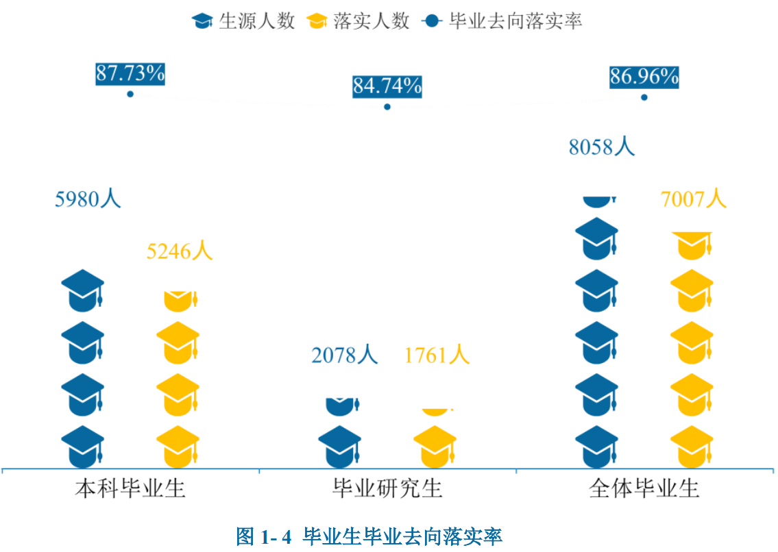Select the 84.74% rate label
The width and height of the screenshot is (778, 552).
[x=387, y=87]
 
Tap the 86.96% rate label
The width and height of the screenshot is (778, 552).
[x=644, y=77]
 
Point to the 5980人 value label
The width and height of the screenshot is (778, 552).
[x=88, y=199]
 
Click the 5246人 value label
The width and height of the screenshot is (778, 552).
[x=180, y=251]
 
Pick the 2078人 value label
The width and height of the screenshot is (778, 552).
[x=344, y=355]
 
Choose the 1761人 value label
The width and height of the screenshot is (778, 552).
[x=437, y=355]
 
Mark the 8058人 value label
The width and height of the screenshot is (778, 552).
[x=602, y=147]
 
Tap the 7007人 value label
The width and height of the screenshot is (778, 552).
[x=693, y=199]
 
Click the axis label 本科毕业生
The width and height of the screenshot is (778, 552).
[x=130, y=489]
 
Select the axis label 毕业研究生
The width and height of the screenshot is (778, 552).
[x=387, y=489]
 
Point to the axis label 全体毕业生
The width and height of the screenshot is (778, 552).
[x=644, y=489]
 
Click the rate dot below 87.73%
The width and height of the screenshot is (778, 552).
[x=130, y=94]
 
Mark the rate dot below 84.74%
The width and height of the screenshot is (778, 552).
[x=387, y=107]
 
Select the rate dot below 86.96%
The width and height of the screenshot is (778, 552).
[x=644, y=97]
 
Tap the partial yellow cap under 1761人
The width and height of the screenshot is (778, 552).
[x=435, y=411]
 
